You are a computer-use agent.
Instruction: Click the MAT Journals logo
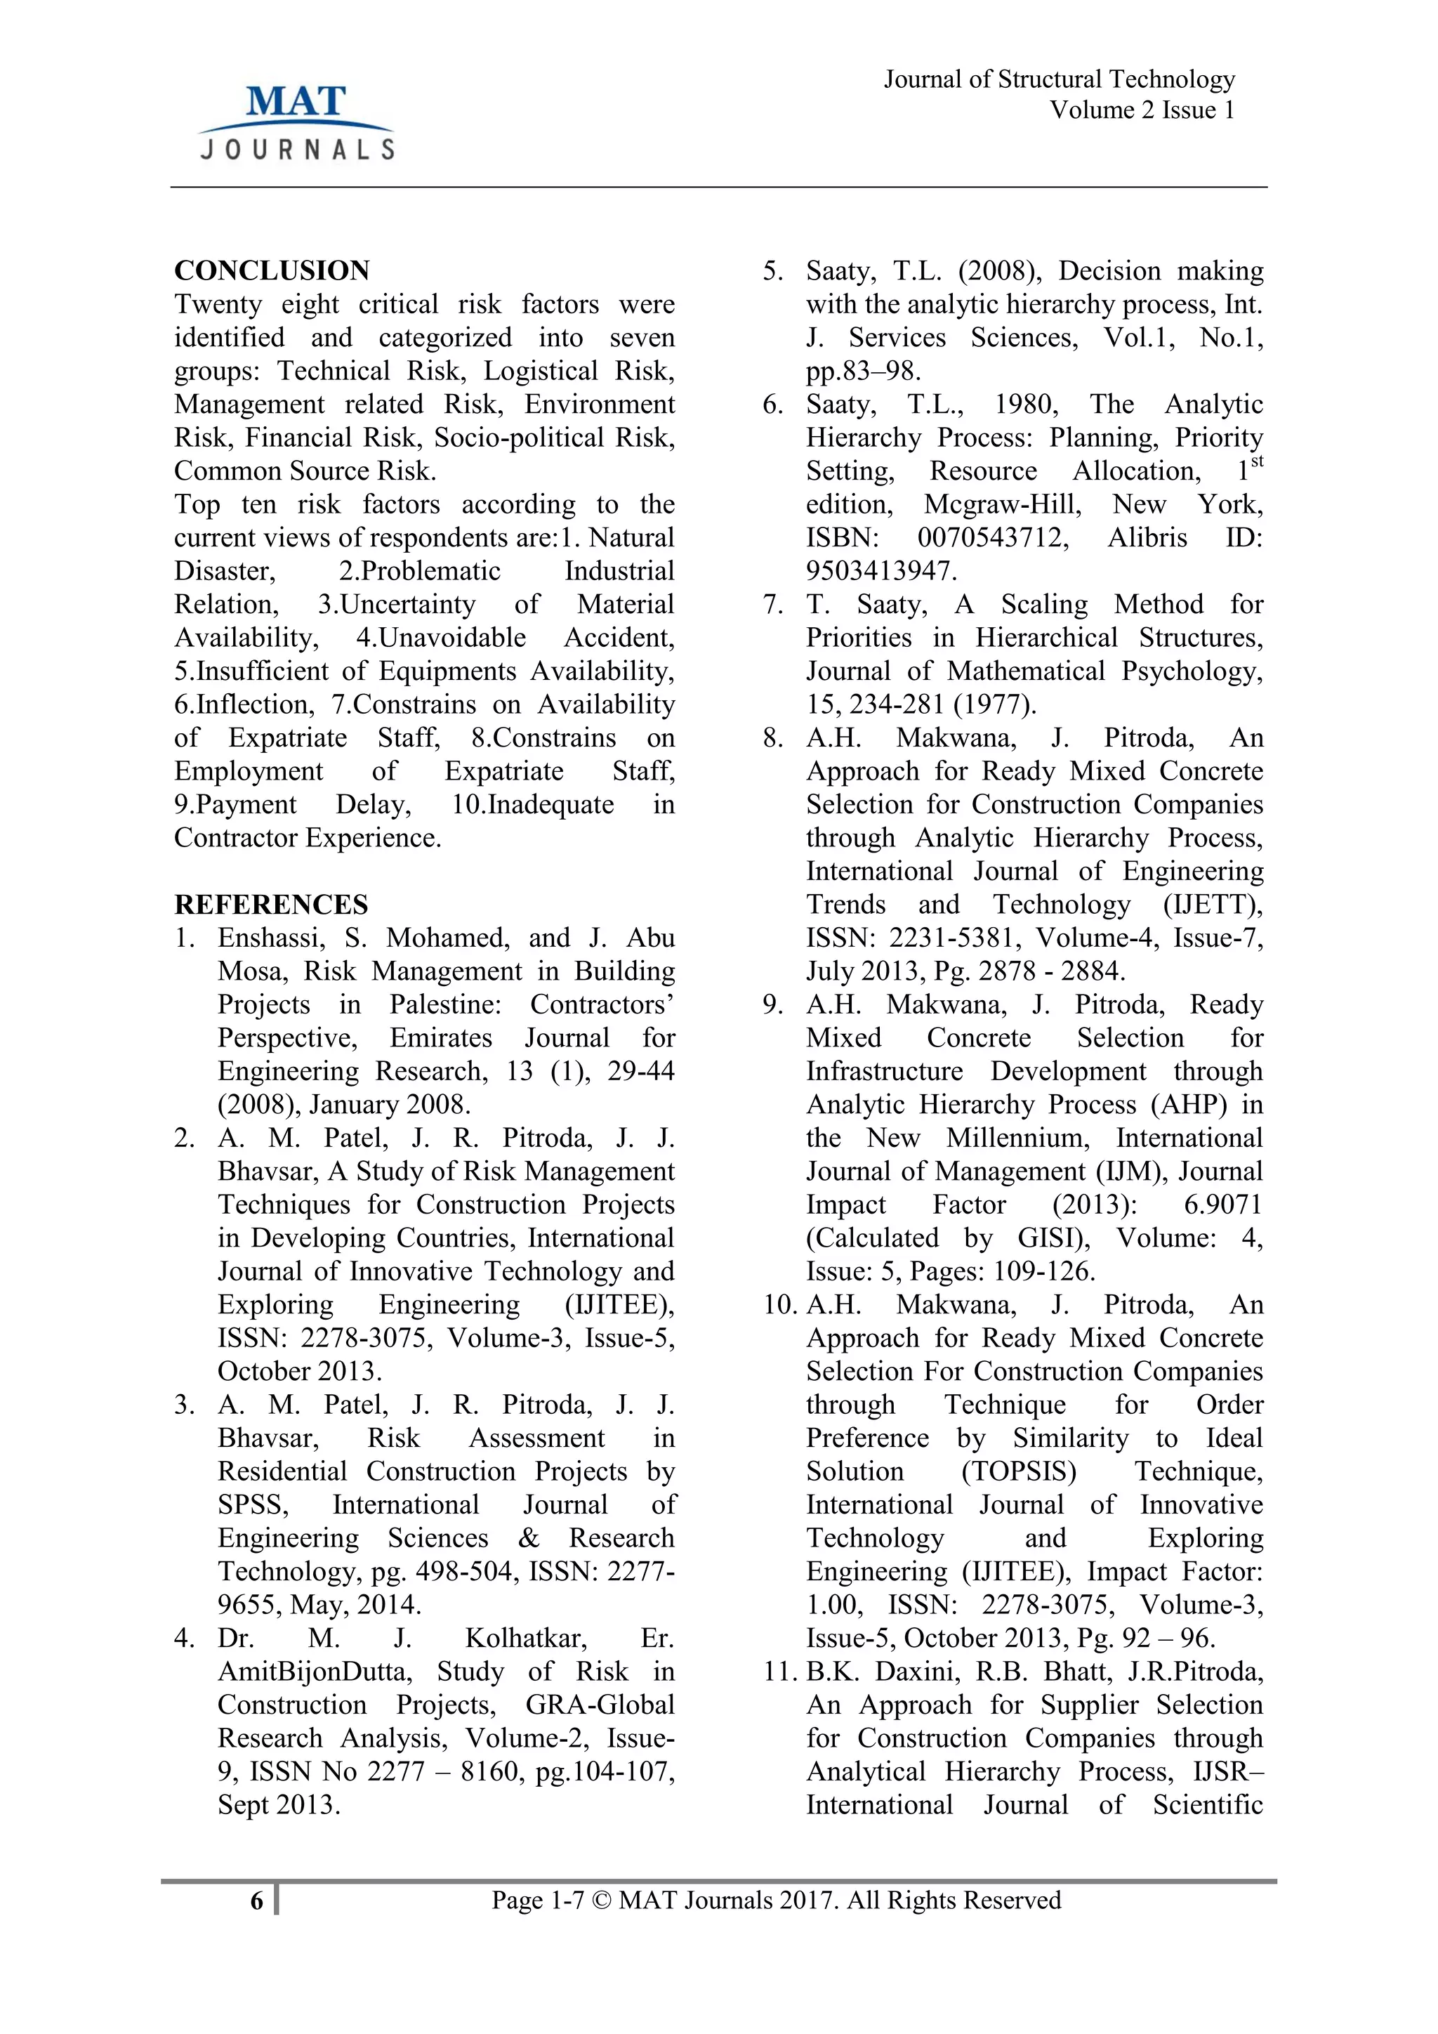[x=296, y=122]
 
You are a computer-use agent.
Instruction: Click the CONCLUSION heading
[x=272, y=270]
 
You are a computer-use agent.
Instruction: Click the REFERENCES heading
[x=271, y=905]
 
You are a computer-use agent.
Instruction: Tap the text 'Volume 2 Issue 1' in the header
[x=1142, y=110]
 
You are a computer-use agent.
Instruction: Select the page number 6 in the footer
[x=257, y=1901]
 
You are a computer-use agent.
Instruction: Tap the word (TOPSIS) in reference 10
[x=1018, y=1471]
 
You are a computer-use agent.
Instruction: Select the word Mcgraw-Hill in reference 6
[x=1003, y=504]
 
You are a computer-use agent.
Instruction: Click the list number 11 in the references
[x=779, y=1672]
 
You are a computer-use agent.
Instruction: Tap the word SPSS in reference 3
[x=252, y=1505]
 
